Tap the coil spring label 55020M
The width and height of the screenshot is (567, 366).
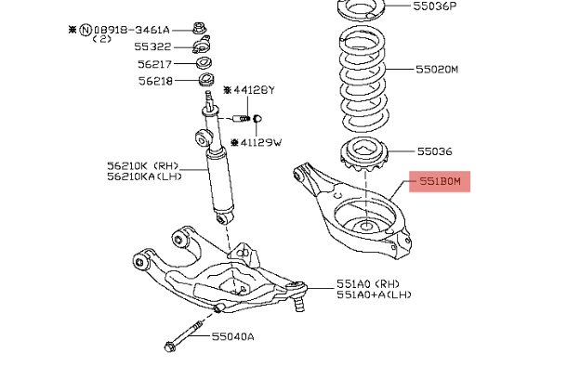pos(437,70)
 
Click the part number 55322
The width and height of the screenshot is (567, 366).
pos(152,46)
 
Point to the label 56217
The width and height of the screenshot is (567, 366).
pos(156,64)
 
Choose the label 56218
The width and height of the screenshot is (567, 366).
pos(156,81)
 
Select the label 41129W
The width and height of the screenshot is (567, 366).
pos(260,143)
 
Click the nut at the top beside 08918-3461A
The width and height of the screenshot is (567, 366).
pos(200,28)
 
